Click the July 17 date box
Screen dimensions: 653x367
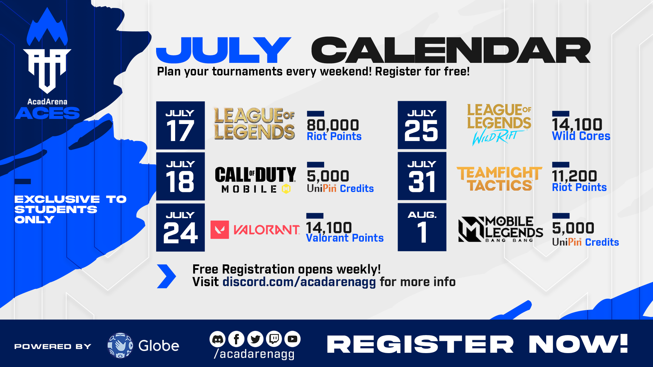[x=180, y=125]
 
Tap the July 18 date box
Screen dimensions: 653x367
[x=180, y=176]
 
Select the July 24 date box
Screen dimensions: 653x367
[x=180, y=227]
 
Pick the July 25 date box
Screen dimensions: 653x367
[x=422, y=125]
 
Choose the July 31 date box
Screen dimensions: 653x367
[x=422, y=176]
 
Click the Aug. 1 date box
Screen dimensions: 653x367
[x=422, y=227]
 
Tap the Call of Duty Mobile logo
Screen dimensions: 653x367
[x=255, y=180]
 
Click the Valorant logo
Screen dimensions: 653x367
[x=255, y=230]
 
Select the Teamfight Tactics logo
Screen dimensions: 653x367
[x=499, y=179]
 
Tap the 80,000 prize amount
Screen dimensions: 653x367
[x=333, y=125]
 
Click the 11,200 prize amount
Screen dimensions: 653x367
[x=574, y=176]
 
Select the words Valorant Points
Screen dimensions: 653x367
[x=345, y=238]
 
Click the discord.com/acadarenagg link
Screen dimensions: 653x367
[x=299, y=282]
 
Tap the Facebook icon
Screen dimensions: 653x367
[x=237, y=339]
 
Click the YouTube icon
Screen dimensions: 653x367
[x=292, y=339]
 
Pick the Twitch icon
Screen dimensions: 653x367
[x=274, y=339]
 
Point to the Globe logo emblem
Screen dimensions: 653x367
[x=120, y=345]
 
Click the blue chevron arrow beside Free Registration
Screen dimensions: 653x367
[x=167, y=276]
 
